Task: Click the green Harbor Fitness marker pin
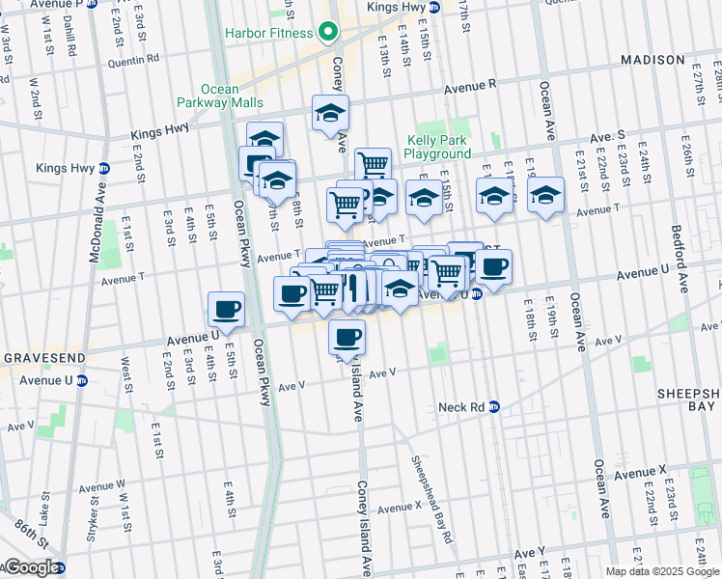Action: pyautogui.click(x=328, y=33)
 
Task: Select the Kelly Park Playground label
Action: pyautogui.click(x=437, y=147)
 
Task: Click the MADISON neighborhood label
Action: pyautogui.click(x=653, y=60)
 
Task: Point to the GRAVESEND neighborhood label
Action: pyautogui.click(x=33, y=357)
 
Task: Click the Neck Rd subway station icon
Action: pyautogui.click(x=493, y=407)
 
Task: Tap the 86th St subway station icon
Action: pyautogui.click(x=60, y=567)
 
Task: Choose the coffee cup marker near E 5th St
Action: pyautogui.click(x=226, y=310)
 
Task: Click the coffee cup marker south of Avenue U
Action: pyautogui.click(x=347, y=337)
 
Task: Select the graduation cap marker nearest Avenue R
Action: pyautogui.click(x=330, y=113)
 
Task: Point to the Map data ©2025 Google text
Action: pyautogui.click(x=661, y=571)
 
